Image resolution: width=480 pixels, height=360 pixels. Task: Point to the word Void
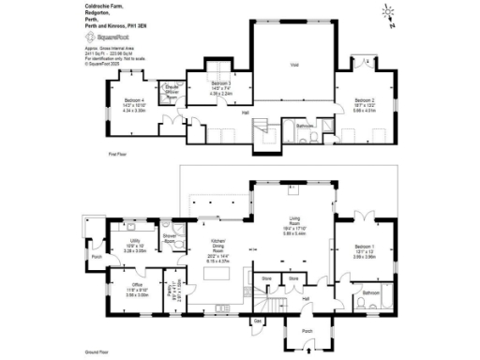pyautogui.click(x=294, y=65)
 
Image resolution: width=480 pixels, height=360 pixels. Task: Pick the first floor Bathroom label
pyautogui.click(x=305, y=125)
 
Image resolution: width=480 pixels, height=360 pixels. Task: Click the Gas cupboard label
pyautogui.click(x=258, y=321)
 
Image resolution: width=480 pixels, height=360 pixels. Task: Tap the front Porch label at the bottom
pyautogui.click(x=307, y=331)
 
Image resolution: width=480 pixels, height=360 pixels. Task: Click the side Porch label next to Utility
pyautogui.click(x=96, y=255)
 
